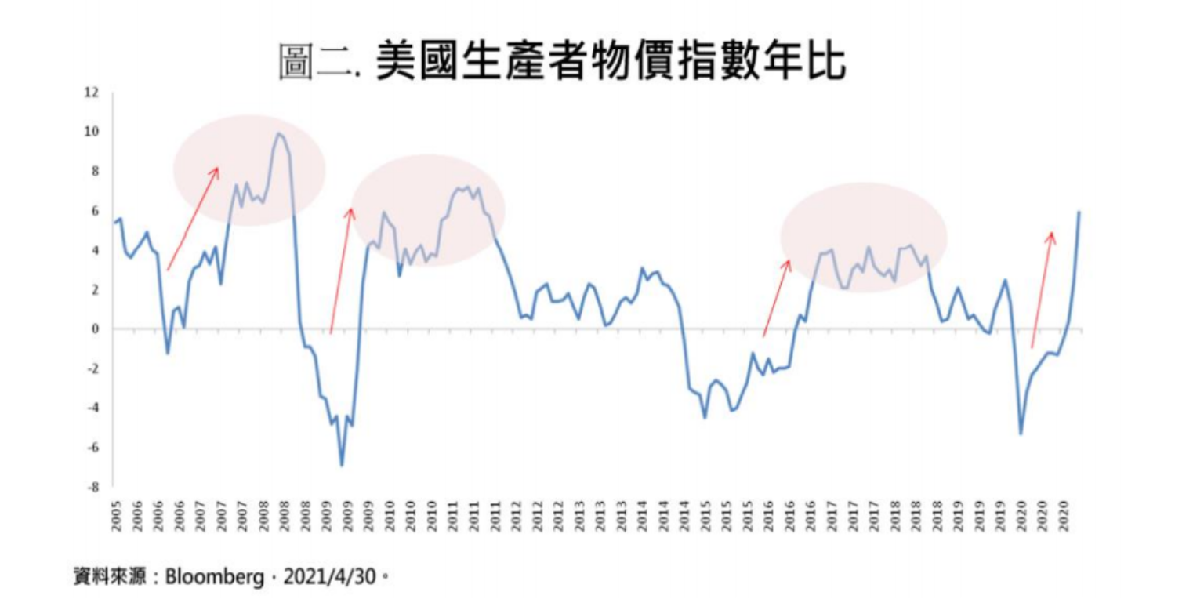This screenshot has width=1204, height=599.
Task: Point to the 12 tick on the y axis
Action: click(x=92, y=93)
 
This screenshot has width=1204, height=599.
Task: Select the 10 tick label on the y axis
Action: click(x=92, y=132)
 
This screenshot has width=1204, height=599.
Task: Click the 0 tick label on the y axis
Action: click(x=95, y=329)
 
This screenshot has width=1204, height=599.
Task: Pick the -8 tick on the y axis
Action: click(x=92, y=487)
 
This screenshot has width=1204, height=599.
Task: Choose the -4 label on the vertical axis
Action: click(x=92, y=408)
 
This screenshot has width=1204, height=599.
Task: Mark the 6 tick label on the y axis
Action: click(x=95, y=211)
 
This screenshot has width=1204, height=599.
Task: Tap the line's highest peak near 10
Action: click(x=278, y=134)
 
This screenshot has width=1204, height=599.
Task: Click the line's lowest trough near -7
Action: click(x=342, y=466)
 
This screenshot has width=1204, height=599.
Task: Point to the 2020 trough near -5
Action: click(x=1021, y=434)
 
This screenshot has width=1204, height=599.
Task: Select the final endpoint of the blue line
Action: click(x=1079, y=212)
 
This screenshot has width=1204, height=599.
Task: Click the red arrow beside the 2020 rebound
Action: click(x=1043, y=289)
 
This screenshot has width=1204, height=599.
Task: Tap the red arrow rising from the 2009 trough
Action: click(x=341, y=270)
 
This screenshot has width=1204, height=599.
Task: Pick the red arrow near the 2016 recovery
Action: click(x=777, y=298)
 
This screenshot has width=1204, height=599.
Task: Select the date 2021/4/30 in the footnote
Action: click(x=330, y=578)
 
